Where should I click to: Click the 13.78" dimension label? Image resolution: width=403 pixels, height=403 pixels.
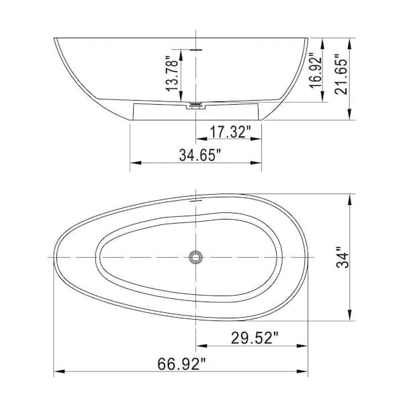(x=172, y=73)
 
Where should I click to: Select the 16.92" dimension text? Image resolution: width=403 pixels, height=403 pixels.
(x=316, y=71)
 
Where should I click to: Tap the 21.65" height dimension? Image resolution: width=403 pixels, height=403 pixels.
(x=341, y=75)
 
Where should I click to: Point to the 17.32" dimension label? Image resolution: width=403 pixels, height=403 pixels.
(x=230, y=132)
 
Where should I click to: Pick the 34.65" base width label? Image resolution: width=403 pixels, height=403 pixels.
(x=200, y=155)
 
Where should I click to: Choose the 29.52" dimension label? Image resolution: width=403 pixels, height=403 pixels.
(x=255, y=338)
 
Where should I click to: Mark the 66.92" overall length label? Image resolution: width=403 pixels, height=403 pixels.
(x=182, y=364)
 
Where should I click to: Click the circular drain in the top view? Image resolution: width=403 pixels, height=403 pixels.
(x=196, y=257)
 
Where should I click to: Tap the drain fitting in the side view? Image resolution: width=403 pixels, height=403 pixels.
(x=196, y=106)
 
